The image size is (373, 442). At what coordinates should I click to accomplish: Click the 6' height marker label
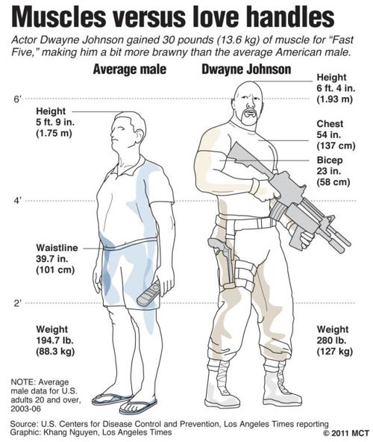17,99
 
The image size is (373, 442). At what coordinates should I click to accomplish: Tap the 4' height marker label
17,201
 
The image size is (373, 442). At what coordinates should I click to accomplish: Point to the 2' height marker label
17,303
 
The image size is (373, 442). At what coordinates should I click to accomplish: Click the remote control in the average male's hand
148,293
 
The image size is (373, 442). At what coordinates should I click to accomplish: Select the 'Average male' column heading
130,69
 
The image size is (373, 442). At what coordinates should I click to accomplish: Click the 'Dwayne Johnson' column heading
246,69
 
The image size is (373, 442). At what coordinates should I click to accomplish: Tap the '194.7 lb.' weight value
55,340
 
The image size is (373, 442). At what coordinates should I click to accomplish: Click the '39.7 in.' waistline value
51,259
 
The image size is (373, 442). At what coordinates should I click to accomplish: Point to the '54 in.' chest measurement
328,134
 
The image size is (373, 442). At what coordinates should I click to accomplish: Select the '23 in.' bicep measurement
328,171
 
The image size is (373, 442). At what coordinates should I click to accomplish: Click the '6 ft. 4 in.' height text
336,88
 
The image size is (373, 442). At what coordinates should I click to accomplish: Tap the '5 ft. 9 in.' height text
55,122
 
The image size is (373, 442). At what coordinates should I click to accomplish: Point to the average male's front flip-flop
138,407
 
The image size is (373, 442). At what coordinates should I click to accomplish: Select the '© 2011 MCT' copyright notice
346,433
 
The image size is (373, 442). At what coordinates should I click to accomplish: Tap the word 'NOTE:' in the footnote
23,382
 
